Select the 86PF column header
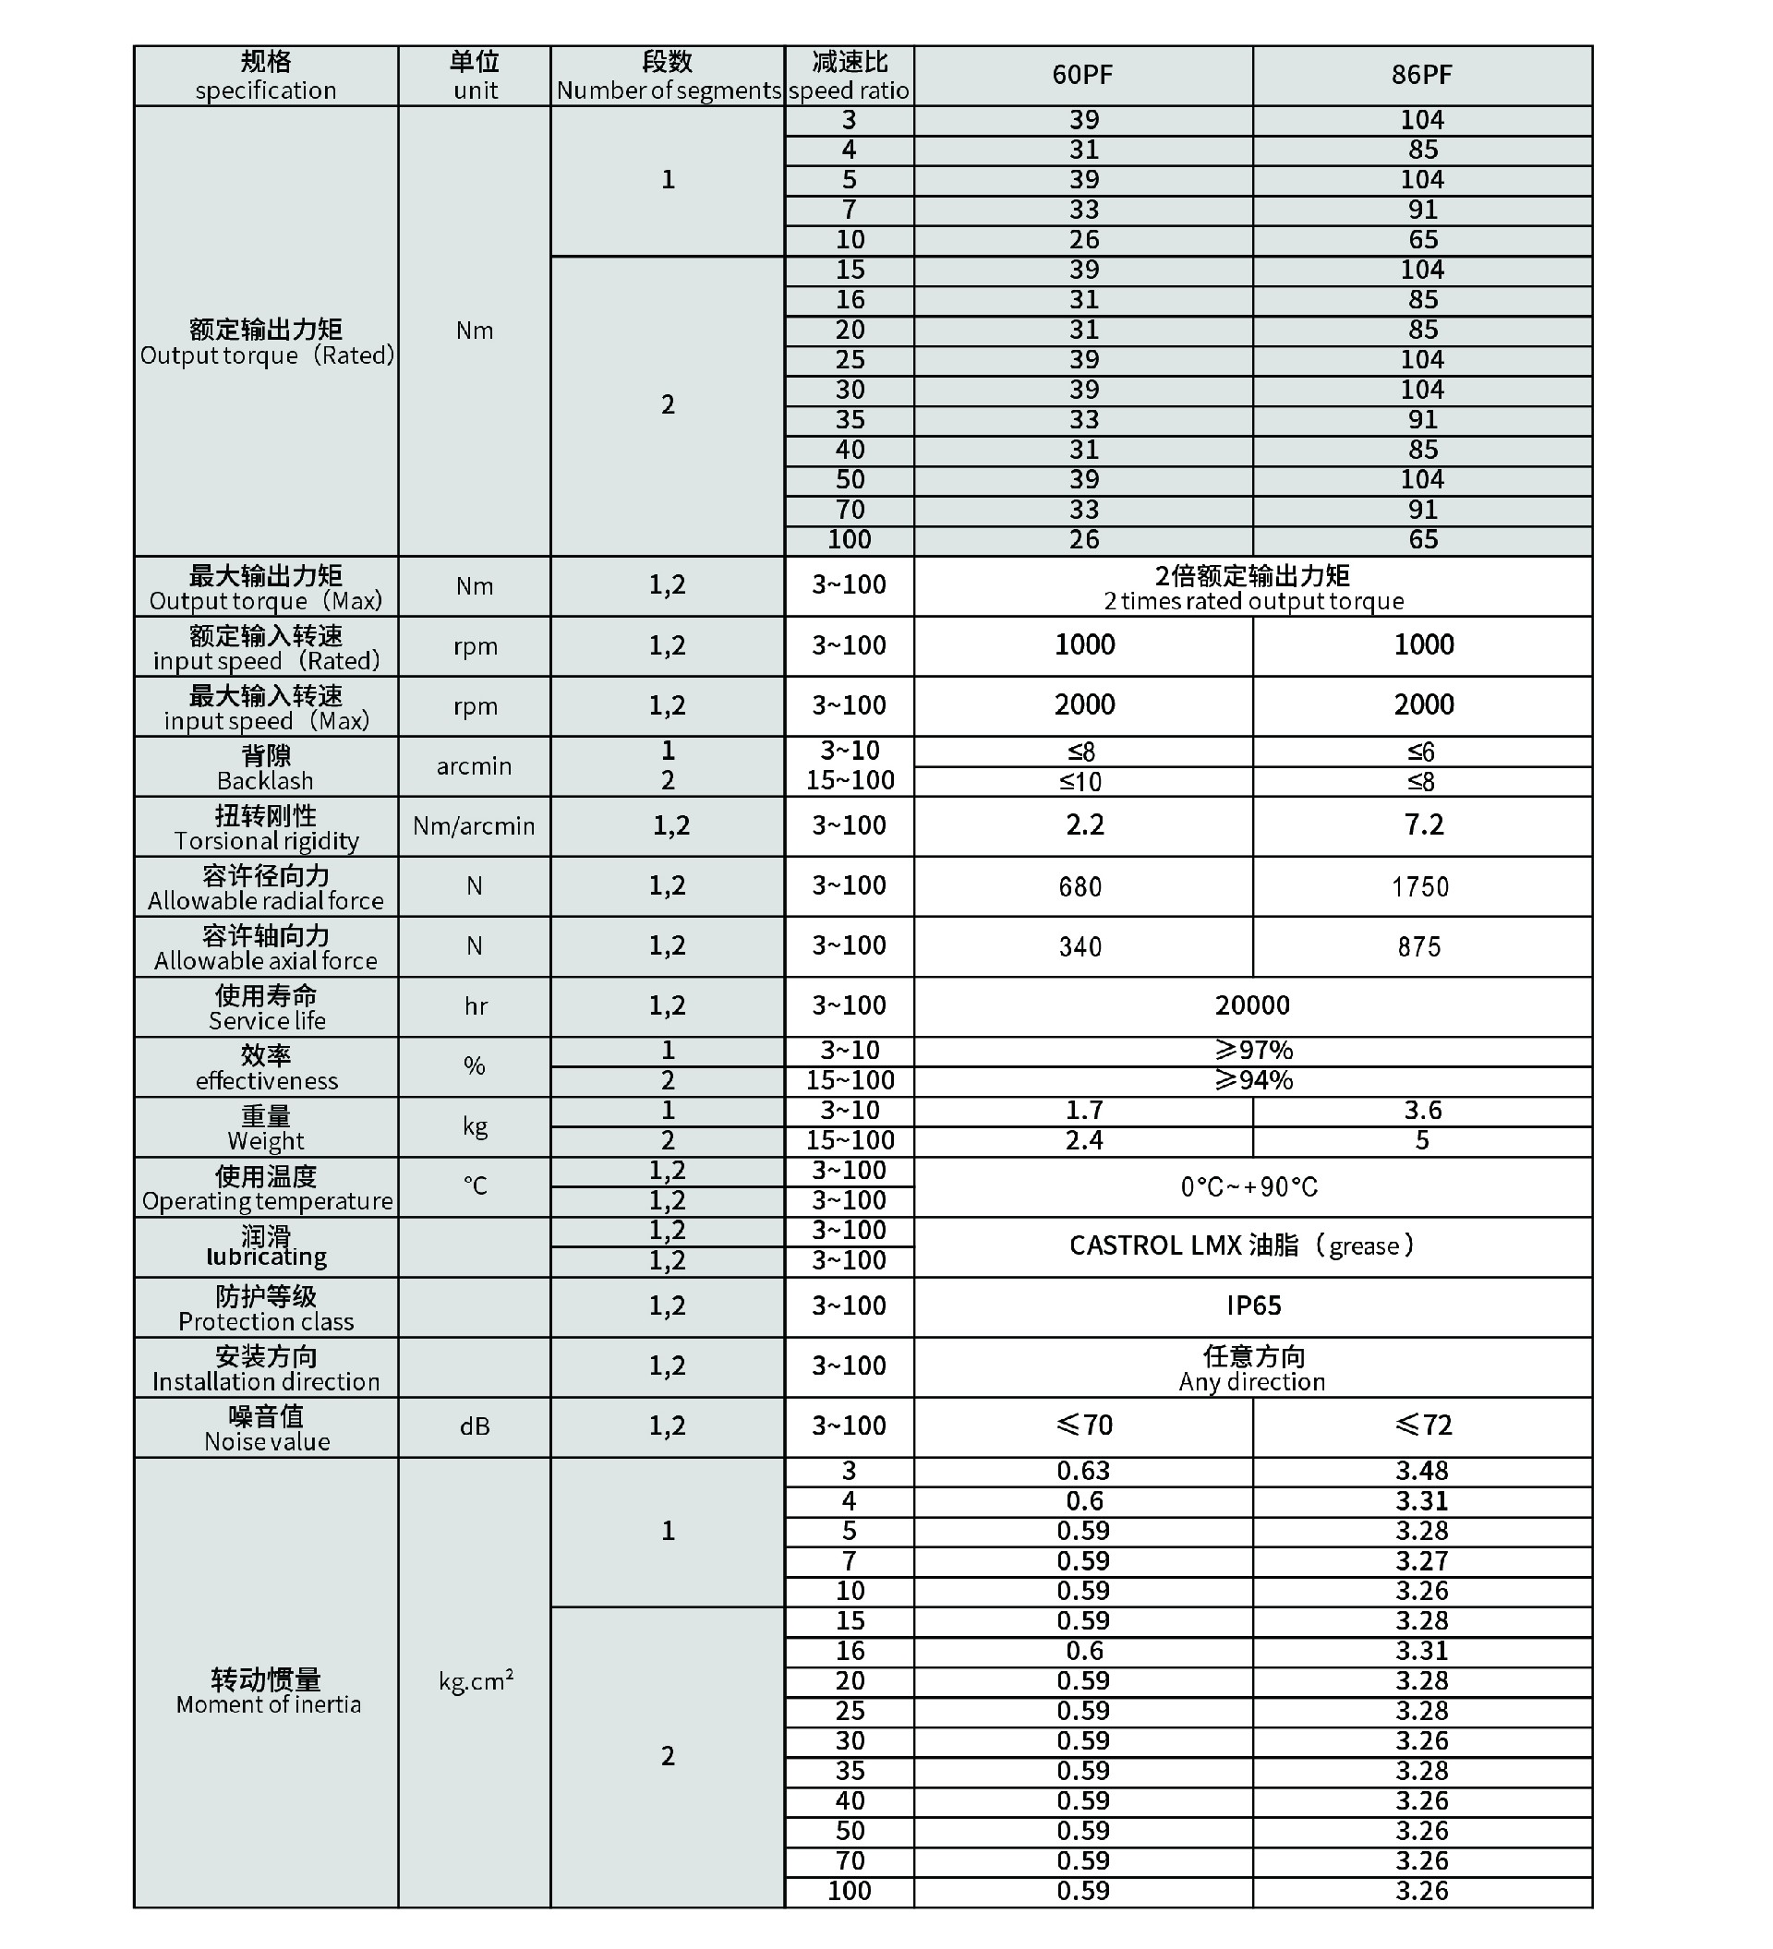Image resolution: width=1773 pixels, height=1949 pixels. point(1421,75)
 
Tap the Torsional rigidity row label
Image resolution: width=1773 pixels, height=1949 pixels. point(266,827)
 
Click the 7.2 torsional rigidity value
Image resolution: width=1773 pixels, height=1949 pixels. point(1423,824)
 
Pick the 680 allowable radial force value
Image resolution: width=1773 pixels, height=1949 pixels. point(1079,886)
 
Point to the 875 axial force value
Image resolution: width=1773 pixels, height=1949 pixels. point(1419,946)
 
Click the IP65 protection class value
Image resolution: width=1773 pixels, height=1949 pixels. point(1253,1306)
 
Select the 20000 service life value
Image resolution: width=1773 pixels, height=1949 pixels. point(1252,1005)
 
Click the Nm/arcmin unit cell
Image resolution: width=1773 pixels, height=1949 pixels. point(474,826)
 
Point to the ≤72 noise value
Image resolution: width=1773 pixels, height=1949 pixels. point(1423,1425)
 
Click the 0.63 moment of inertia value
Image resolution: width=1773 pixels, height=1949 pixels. point(1083,1472)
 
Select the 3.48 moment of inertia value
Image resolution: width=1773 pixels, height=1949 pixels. point(1422,1472)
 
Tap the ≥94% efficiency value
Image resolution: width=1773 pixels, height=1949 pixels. point(1253,1080)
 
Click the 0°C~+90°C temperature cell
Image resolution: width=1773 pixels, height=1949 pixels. point(1249,1186)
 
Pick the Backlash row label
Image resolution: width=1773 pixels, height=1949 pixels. point(266,767)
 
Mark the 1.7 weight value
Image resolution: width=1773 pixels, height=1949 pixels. point(1084,1110)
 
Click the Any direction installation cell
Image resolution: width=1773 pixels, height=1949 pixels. point(1252,1368)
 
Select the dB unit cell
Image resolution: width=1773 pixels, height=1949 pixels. point(475,1427)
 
